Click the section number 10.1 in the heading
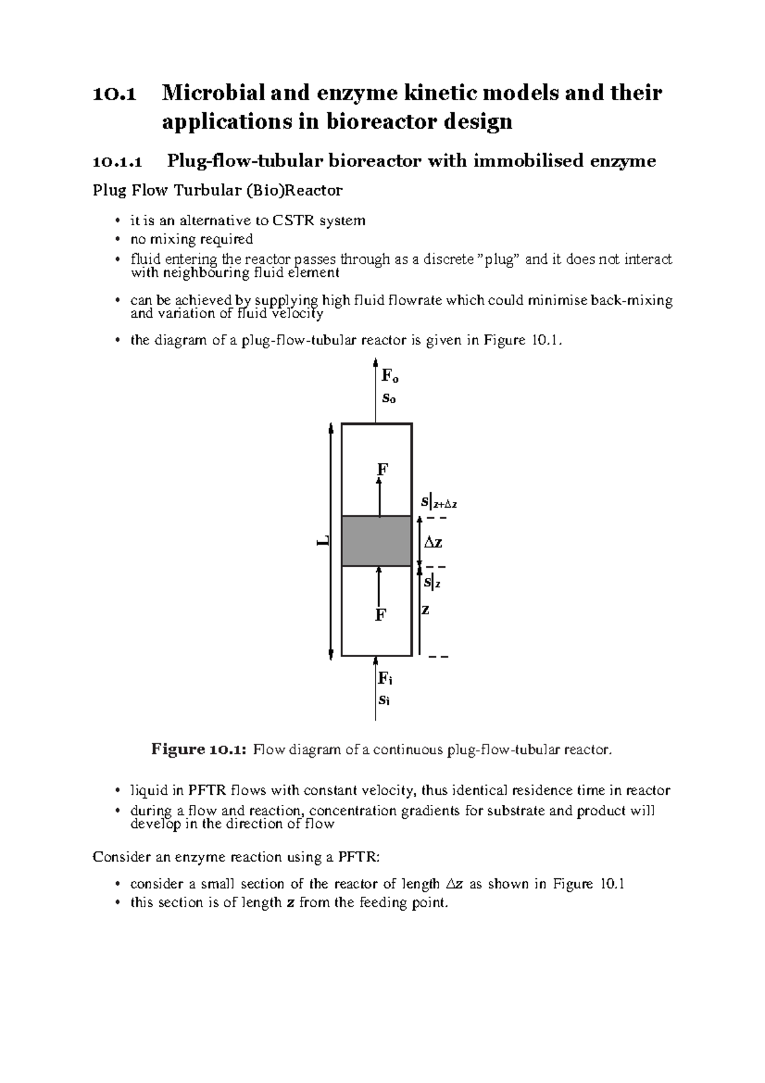(x=115, y=94)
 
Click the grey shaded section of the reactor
(x=377, y=541)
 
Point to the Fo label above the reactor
(x=389, y=376)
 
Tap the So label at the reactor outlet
(x=388, y=399)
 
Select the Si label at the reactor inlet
(x=384, y=700)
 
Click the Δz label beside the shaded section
(x=433, y=543)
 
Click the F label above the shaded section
(x=382, y=469)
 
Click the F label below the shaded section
(x=381, y=615)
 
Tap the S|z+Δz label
(x=439, y=503)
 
